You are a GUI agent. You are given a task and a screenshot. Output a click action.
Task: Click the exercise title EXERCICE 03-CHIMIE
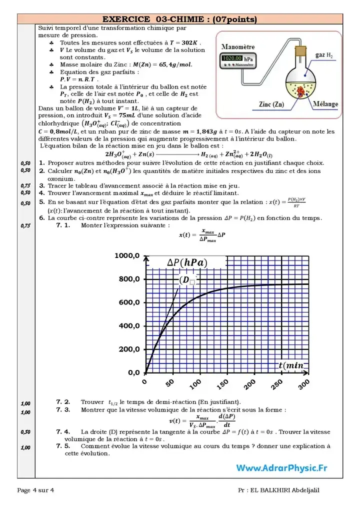(x=179, y=19)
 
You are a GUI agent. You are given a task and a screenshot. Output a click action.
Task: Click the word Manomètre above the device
(x=237, y=46)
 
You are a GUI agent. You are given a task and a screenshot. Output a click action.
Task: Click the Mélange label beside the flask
(x=324, y=104)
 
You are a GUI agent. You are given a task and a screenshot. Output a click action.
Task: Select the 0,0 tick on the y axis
(x=133, y=372)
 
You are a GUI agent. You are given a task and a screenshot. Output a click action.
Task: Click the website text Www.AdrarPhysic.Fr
(x=282, y=468)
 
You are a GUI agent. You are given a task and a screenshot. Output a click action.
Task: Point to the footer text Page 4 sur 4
(x=35, y=490)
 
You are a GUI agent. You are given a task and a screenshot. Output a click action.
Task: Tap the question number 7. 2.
(x=63, y=401)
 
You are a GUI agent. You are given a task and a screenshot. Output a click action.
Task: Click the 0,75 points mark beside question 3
(x=25, y=185)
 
